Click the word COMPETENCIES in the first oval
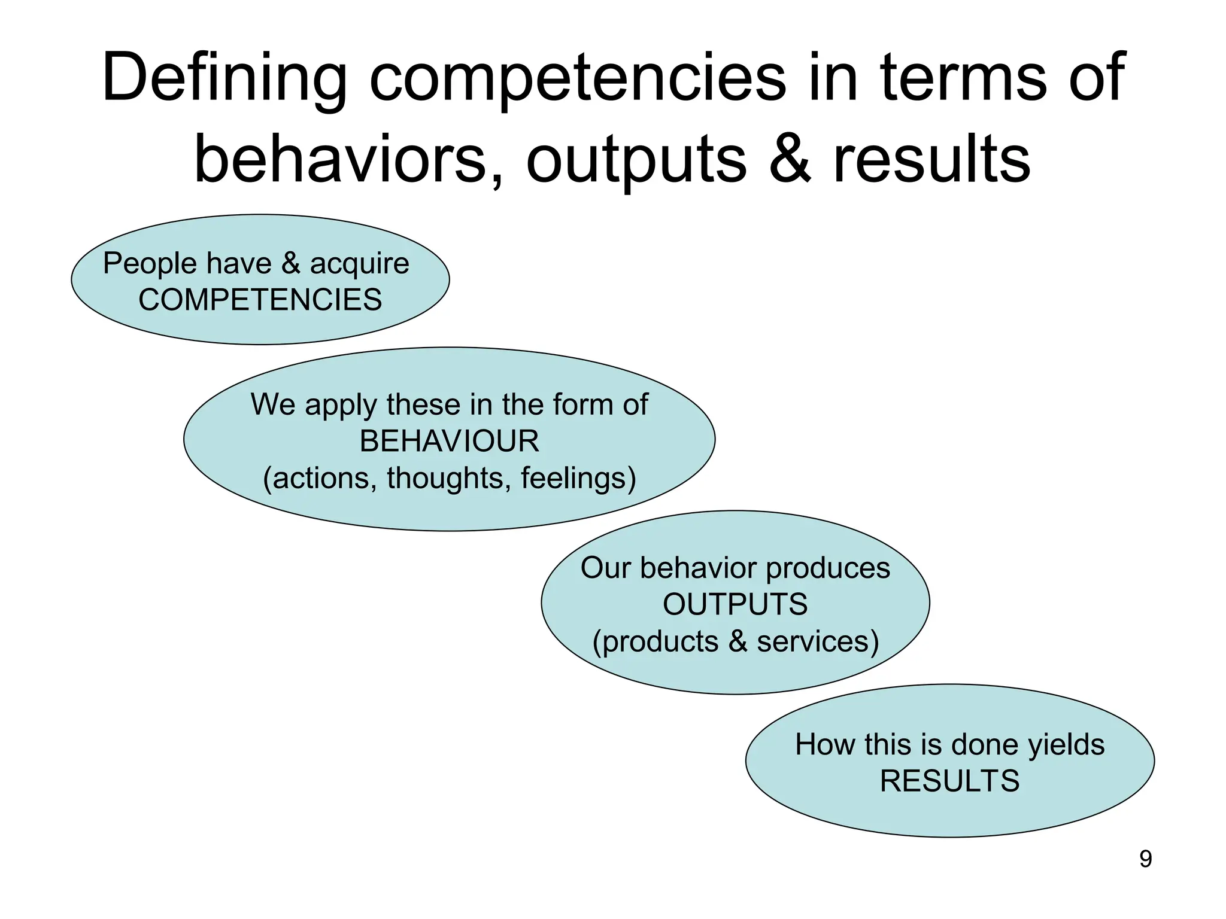pyautogui.click(x=260, y=300)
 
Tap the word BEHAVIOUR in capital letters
pyautogui.click(x=449, y=442)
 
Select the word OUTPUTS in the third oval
pyautogui.click(x=735, y=604)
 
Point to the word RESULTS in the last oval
pyautogui.click(x=949, y=781)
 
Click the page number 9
pyautogui.click(x=1145, y=859)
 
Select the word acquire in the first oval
pyautogui.click(x=359, y=264)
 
